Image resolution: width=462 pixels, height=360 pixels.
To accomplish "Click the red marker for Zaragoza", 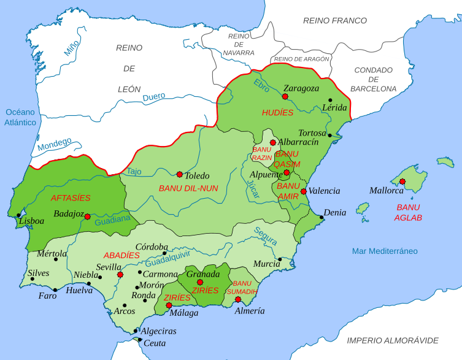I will click(285, 96).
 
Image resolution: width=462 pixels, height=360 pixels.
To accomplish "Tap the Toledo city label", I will click(197, 175).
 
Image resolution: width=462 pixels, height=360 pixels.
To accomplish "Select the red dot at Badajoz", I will click(87, 216).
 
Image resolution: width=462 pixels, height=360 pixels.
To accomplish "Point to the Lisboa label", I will click(31, 221).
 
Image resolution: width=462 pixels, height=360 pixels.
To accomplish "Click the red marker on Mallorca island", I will click(402, 181).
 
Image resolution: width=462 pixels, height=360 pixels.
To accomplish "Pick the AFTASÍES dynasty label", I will click(70, 197).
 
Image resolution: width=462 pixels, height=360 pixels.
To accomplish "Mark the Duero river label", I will click(154, 97).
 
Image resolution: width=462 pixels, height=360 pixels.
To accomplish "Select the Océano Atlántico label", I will click(21, 117).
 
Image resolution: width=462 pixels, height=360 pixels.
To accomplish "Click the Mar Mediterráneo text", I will click(385, 251).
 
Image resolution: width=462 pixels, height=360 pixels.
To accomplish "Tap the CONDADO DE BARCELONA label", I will click(374, 79).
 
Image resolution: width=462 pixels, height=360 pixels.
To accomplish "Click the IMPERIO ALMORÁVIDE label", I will click(393, 340).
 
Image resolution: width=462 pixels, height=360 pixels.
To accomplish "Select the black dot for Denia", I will click(320, 216).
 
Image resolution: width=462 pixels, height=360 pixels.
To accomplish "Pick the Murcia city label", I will click(267, 264).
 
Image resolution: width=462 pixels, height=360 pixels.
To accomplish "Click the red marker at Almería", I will click(237, 299).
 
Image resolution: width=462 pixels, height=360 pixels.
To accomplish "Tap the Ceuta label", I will click(154, 343).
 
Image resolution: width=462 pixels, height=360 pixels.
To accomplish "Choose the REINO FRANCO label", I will click(335, 20).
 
